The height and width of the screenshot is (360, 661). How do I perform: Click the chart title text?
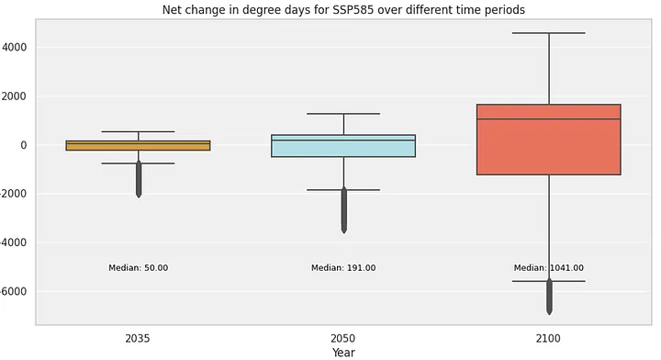coord(343,9)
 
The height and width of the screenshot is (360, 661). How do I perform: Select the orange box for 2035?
coord(139,145)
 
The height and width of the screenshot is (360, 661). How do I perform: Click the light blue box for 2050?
coord(343,146)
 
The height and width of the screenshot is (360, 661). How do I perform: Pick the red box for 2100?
coord(549,140)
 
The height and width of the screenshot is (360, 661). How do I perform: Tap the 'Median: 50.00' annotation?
coord(139,267)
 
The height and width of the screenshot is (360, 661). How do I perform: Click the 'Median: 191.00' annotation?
coord(343,267)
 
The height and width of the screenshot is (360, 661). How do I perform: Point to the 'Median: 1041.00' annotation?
coord(549,267)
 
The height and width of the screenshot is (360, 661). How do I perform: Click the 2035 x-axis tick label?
coord(138,339)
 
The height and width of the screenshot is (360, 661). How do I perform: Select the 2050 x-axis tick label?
coord(342,339)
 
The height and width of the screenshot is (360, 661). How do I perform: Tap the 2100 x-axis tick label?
coord(548,339)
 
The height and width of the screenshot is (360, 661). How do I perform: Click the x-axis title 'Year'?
coord(343,353)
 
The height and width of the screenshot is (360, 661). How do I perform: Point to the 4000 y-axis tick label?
coord(15,47)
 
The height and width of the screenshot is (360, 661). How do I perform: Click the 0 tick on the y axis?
coord(23,145)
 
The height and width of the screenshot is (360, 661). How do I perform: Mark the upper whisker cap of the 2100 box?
coord(549,33)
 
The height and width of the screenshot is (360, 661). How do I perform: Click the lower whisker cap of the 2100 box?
coord(549,281)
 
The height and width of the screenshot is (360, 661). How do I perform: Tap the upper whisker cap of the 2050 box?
coord(343,113)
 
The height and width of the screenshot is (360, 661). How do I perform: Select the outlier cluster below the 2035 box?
coord(139,179)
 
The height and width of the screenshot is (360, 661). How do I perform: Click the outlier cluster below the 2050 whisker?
coord(344,210)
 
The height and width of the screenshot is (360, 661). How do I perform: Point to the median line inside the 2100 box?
coord(549,118)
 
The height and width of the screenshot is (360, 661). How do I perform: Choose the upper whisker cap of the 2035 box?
coord(139,131)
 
